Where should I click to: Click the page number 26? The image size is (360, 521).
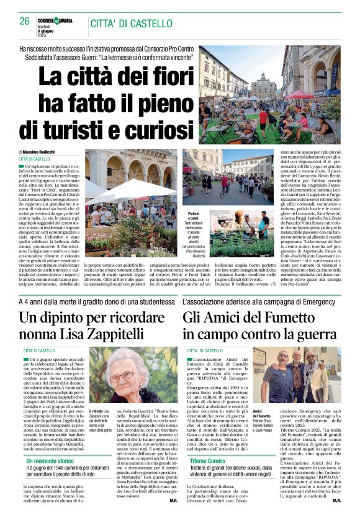[x=24, y=20]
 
